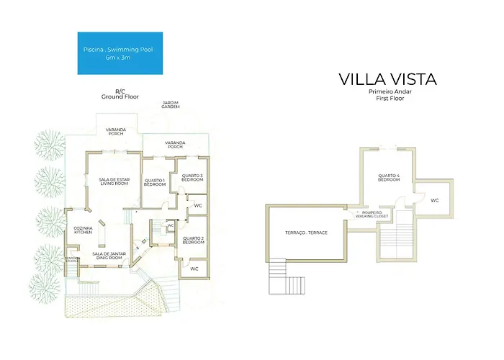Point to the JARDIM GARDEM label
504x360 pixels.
(170, 106)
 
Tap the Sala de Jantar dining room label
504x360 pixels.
(105, 256)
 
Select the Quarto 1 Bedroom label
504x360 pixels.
(154, 182)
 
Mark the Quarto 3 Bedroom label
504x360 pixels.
(192, 178)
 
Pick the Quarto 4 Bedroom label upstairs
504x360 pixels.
(389, 178)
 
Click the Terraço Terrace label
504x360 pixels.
(307, 233)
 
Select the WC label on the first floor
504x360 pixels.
(434, 200)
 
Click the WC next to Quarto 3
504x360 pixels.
(197, 206)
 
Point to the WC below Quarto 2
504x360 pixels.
(194, 269)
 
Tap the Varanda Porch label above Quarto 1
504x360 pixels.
(176, 145)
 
